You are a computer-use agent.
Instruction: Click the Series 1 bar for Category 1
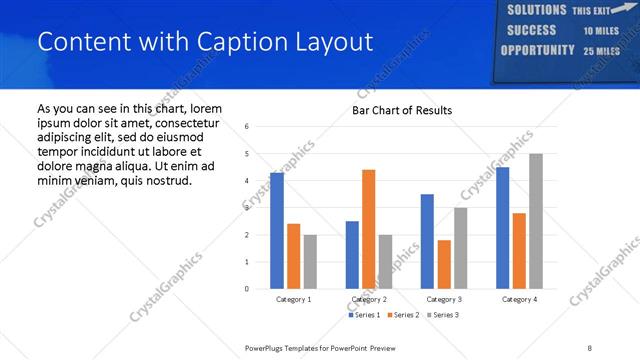277,231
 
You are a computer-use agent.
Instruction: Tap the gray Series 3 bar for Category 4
536,221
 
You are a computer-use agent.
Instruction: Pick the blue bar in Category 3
427,241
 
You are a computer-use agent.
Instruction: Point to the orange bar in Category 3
444,264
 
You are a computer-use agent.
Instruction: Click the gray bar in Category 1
310,262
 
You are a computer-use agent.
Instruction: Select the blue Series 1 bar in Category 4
502,228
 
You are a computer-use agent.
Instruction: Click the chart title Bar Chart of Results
402,110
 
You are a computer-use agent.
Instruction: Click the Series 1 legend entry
367,315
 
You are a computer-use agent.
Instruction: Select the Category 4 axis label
519,299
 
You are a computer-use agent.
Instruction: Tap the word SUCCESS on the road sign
531,30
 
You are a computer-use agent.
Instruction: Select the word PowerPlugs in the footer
265,348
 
